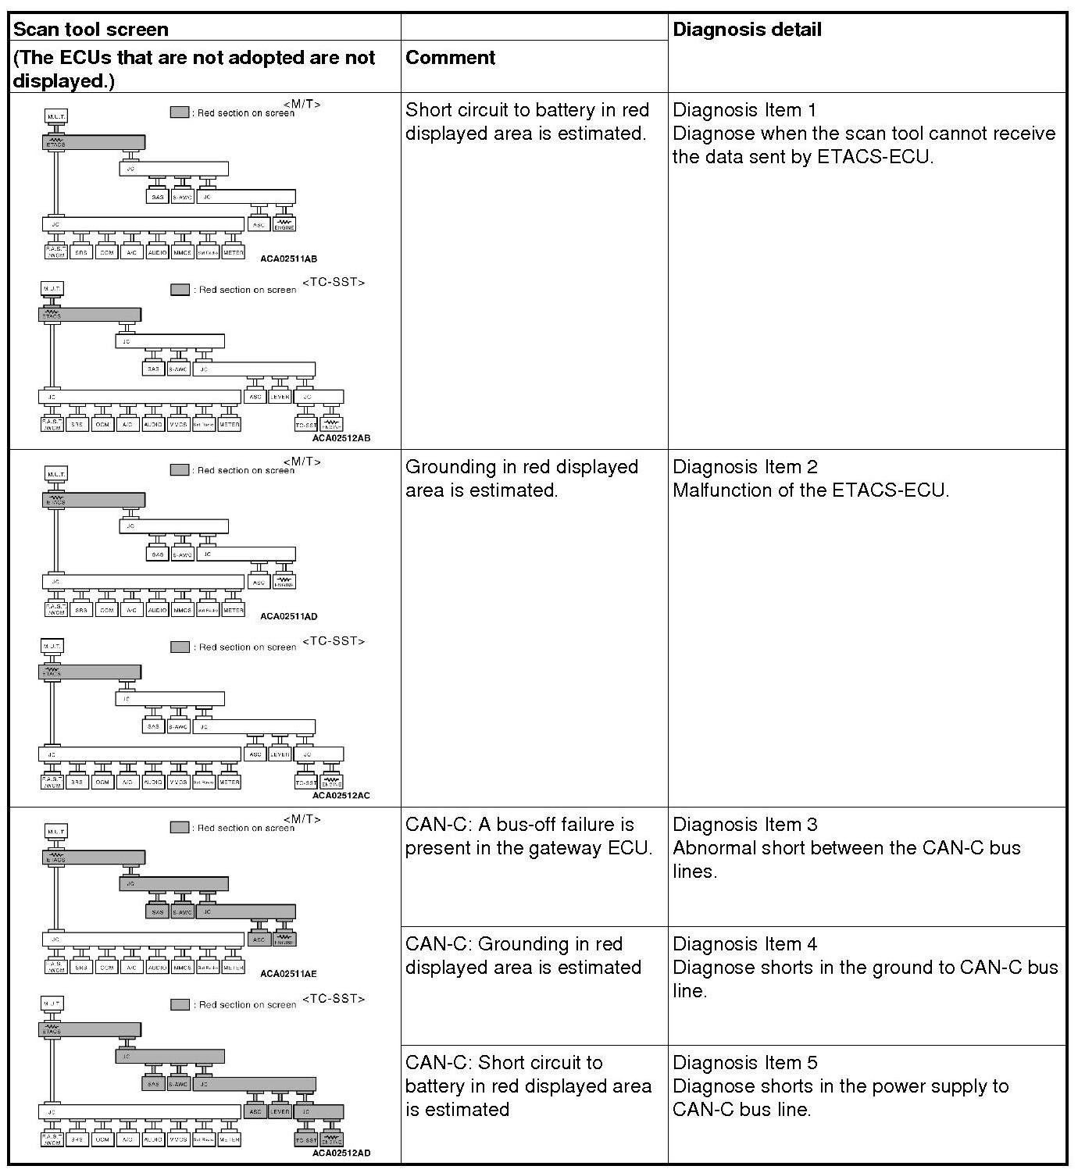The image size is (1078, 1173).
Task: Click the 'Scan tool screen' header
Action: click(91, 30)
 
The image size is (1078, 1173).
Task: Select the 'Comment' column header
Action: click(451, 58)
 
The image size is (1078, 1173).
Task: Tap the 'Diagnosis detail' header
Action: click(747, 30)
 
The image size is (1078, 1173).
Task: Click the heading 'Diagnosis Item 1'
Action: click(744, 110)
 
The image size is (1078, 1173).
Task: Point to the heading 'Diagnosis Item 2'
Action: click(744, 467)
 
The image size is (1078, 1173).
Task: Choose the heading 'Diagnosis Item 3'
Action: click(744, 825)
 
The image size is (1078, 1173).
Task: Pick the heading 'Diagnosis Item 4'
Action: click(744, 944)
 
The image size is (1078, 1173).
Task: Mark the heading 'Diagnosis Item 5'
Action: click(744, 1063)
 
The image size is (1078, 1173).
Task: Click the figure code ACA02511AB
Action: click(288, 258)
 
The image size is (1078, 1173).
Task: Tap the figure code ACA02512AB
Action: click(341, 438)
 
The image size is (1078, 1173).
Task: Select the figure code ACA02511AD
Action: click(288, 616)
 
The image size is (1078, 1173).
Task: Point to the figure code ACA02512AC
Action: click(341, 796)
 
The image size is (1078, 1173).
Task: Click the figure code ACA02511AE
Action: click(288, 974)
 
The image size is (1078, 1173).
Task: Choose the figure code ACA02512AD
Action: click(341, 1153)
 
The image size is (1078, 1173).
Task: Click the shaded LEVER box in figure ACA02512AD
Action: click(280, 1111)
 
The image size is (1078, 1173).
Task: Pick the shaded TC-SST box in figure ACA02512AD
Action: click(305, 1140)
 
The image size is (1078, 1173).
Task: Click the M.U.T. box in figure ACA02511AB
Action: click(55, 116)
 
